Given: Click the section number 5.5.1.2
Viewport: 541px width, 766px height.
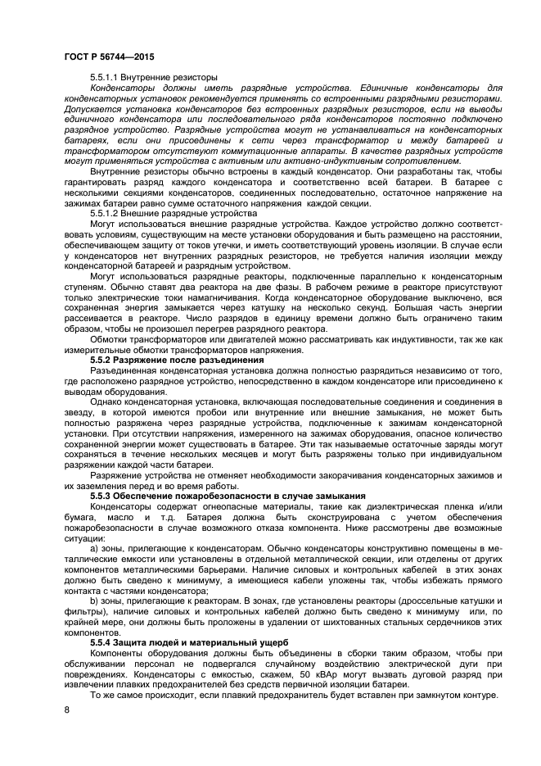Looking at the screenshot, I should [108, 213].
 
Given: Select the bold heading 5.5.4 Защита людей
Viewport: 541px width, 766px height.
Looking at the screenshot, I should [189, 641].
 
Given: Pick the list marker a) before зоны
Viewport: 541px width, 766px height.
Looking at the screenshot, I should [95, 546].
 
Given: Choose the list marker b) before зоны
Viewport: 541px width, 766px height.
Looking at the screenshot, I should [95, 600].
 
